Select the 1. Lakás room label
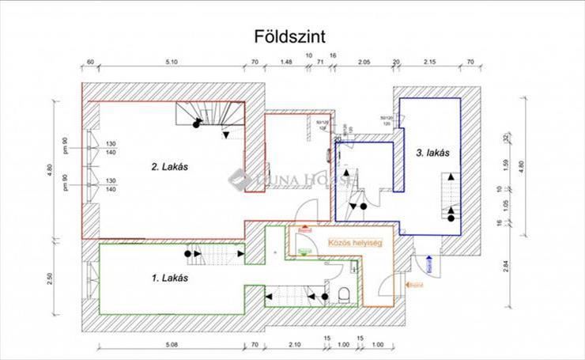(x=168, y=278)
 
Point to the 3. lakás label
(x=432, y=153)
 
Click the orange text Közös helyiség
(x=355, y=244)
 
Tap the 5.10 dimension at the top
(x=171, y=61)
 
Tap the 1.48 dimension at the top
(x=287, y=61)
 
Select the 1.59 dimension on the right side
(x=527, y=168)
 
